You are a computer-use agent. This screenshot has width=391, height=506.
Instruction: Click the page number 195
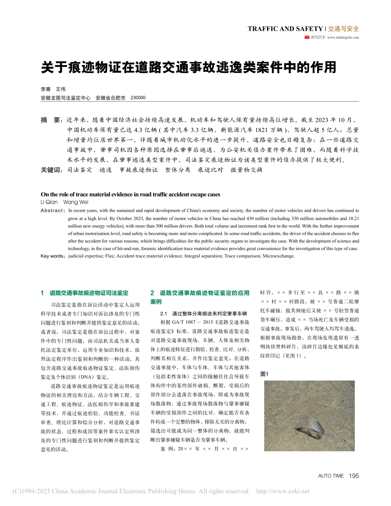(354, 476)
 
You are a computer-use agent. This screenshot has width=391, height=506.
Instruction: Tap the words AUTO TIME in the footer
(331, 476)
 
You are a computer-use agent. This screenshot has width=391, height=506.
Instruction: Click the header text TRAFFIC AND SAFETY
(285, 29)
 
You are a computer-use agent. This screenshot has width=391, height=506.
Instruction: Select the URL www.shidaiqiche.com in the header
(343, 37)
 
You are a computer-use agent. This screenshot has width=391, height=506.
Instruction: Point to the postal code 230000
(138, 98)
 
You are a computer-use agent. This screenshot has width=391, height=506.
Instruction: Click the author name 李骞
(45, 89)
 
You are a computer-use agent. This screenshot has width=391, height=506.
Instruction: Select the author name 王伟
(61, 89)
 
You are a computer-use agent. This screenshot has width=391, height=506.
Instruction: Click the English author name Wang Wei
(76, 202)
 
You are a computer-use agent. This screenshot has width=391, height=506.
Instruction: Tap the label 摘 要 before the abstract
(51, 120)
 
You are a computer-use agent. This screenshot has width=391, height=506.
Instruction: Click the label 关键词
(52, 169)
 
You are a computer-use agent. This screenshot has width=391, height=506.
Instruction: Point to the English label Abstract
(53, 210)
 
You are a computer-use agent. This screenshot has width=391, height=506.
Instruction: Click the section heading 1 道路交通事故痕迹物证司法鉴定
(85, 293)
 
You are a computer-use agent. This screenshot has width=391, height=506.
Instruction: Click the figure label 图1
(264, 374)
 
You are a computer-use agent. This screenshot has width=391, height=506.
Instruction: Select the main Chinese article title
(189, 67)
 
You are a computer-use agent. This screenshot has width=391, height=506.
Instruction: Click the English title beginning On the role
(130, 194)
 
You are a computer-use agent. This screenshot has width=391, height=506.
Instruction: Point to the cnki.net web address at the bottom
(283, 491)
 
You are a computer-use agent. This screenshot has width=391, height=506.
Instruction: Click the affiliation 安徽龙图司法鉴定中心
(65, 98)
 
